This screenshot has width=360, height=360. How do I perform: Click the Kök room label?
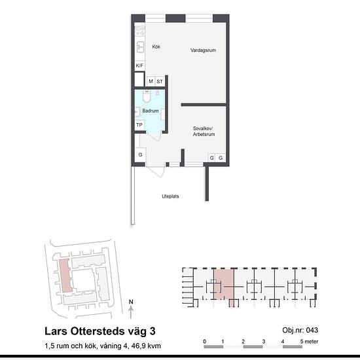(156, 46)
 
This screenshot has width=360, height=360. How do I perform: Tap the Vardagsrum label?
(203, 50)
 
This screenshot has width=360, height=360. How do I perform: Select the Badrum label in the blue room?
(151, 111)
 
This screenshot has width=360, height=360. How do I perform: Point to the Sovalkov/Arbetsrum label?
(204, 132)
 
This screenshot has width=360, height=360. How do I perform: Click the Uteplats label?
(170, 196)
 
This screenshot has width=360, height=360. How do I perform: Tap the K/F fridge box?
(139, 65)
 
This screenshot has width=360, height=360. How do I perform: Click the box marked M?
(151, 81)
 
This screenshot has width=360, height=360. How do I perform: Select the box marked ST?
(160, 82)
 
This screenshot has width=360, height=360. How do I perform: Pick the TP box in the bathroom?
(139, 125)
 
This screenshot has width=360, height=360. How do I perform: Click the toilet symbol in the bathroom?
(147, 96)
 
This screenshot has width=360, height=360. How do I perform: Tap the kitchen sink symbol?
(140, 47)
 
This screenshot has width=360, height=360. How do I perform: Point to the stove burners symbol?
(140, 31)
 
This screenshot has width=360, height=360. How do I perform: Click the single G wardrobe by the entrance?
(140, 154)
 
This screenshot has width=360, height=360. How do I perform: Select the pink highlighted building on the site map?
(65, 276)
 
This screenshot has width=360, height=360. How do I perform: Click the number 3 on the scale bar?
(264, 342)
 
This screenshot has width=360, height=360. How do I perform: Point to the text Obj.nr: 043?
(300, 330)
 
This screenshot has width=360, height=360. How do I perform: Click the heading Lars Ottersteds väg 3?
(100, 331)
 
